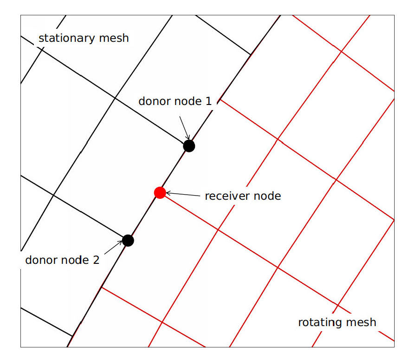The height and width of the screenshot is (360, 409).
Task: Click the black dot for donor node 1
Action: (x=188, y=146)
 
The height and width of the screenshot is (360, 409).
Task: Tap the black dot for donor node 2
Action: (x=128, y=241)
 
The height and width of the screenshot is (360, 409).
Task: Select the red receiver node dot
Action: (x=160, y=193)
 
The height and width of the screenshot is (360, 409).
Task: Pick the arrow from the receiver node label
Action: (x=183, y=194)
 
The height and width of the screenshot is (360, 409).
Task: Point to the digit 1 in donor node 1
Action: (x=209, y=101)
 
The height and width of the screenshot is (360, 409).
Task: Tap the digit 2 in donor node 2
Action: (x=96, y=260)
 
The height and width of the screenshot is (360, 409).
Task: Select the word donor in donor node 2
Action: (x=41, y=260)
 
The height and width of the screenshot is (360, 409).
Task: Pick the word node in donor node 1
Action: (x=188, y=101)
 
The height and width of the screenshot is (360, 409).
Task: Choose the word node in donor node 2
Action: (x=75, y=260)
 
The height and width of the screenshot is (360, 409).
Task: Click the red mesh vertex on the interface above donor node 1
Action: (x=220, y=99)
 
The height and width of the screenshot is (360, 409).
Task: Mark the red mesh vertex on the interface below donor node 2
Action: (x=101, y=287)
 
